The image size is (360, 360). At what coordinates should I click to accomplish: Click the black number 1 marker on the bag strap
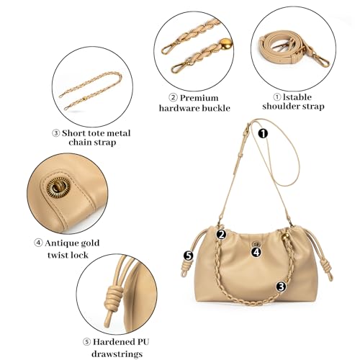263,132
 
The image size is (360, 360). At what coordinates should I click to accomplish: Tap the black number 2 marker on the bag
221,234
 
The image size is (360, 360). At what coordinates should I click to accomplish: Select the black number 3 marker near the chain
281,286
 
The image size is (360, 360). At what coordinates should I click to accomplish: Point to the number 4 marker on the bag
256,251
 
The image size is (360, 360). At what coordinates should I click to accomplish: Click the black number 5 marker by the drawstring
189,255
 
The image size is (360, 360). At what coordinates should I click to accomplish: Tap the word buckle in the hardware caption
215,108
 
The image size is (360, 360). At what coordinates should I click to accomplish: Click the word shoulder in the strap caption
277,107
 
